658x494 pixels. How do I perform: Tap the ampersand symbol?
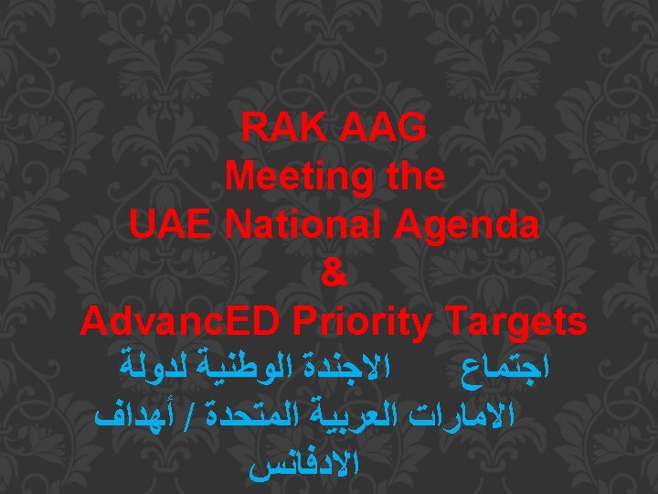[x=334, y=273]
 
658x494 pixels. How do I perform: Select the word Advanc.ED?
[x=186, y=321]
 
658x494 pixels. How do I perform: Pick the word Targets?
[x=516, y=323]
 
